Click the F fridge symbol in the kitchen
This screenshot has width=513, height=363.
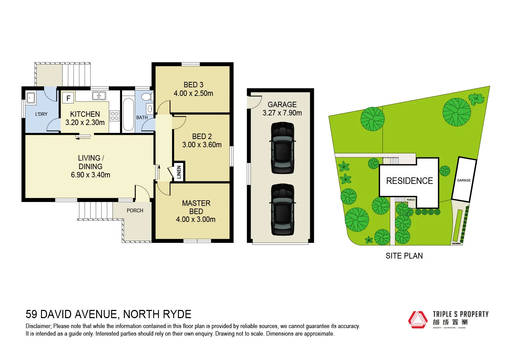(68, 98)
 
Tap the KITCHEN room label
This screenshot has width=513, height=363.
(85, 114)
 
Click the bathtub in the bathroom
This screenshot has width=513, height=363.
(128, 114)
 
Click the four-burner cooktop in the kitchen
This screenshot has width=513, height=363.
(115, 116)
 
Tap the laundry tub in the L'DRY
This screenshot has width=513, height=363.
(31, 98)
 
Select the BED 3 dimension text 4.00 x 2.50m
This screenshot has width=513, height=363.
(193, 93)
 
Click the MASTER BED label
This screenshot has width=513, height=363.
(196, 207)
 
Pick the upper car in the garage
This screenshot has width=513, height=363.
(282, 148)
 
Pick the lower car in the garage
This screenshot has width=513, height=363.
(282, 210)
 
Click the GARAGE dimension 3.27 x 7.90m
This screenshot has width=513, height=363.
(282, 113)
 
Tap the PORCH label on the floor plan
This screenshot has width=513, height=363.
(135, 211)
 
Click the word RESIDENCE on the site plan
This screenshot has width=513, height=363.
(409, 181)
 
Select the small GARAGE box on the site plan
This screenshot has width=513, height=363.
(464, 180)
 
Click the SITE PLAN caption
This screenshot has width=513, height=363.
(404, 256)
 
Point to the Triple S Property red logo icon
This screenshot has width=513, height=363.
(418, 320)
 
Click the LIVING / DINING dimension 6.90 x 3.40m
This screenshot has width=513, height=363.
(90, 175)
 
